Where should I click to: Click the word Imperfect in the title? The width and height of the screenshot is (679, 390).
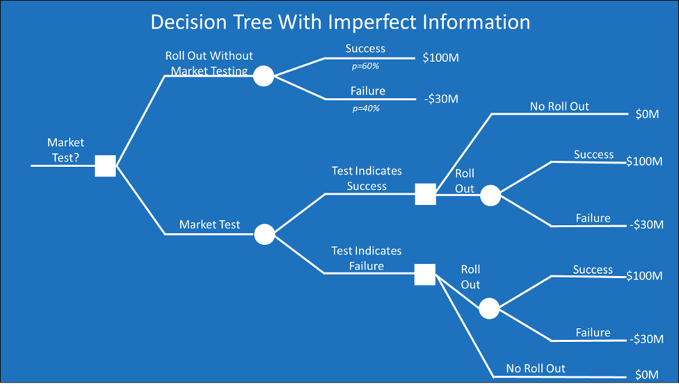point(376,23)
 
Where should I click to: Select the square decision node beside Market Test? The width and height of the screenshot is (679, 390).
point(105,166)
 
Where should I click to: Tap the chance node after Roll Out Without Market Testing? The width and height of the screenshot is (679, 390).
point(263,77)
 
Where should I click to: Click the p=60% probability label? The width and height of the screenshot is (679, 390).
point(365,66)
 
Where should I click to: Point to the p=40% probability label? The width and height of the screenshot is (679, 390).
point(366,109)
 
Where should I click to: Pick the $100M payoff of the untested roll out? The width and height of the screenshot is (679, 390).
point(440,58)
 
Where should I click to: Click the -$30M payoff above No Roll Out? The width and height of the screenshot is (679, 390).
point(440,99)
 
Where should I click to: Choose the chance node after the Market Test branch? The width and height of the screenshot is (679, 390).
point(264,235)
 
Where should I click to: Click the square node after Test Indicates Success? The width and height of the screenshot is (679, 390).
point(425,194)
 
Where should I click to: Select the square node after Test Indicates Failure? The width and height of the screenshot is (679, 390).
point(425,274)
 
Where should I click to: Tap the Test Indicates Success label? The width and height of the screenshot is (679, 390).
point(367,178)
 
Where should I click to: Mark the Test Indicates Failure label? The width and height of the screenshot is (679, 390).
point(367,258)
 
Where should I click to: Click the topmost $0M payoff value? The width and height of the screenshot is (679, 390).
point(647,114)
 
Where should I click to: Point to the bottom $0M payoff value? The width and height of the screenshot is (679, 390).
point(646,375)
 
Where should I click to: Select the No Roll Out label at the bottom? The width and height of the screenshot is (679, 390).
point(536,368)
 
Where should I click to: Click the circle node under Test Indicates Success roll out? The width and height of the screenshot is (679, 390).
point(490,196)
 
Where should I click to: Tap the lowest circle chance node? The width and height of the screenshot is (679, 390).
point(489,309)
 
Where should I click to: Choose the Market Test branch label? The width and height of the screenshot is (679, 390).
point(209,224)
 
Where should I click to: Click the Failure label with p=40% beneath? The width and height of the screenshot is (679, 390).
point(367,91)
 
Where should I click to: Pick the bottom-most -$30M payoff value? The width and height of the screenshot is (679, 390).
point(646,339)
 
